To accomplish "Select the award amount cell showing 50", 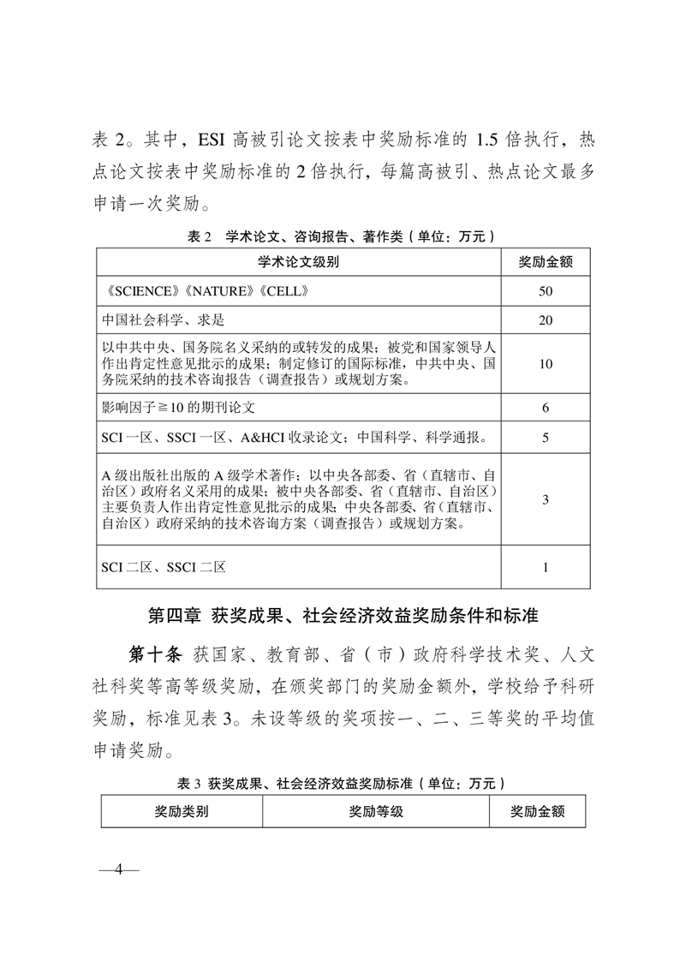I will coord(546,291).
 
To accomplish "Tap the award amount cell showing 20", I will coord(546,320).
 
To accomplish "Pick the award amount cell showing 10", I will coord(546,363).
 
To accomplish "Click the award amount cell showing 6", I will coord(546,408).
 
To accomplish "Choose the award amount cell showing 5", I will coord(546,439).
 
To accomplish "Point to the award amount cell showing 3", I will coord(546,499).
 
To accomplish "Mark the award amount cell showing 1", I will coord(546,567).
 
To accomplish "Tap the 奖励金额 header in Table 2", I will coord(546,262).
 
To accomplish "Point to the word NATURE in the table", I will coord(216,291).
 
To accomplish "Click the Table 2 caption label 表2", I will coord(199,236).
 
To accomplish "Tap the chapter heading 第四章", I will coord(172,616).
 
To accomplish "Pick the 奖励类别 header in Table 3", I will coord(182,810).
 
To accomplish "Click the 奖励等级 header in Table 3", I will coord(376,810).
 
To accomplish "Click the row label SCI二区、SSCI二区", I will coord(164,567).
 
